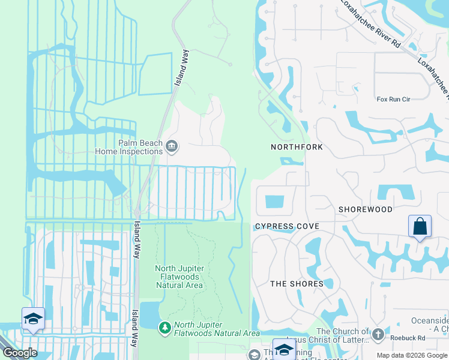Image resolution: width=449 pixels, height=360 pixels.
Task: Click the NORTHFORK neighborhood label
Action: click(x=297, y=147)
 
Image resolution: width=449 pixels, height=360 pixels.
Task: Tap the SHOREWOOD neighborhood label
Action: click(x=365, y=209)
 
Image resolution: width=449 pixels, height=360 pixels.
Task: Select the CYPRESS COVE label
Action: click(x=286, y=226)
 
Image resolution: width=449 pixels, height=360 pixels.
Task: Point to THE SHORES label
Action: click(x=297, y=284)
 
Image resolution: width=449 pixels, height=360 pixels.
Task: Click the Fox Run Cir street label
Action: click(x=393, y=99)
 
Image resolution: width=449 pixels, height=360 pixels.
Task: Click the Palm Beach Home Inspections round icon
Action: click(x=171, y=145)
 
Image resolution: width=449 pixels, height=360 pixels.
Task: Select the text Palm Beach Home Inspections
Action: click(x=131, y=147)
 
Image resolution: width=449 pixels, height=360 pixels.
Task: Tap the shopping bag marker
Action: click(x=420, y=227)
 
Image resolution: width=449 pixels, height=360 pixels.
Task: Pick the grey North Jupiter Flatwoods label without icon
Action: click(x=179, y=277)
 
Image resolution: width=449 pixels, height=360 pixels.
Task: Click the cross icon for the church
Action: click(x=378, y=334)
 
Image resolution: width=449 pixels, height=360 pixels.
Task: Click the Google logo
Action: click(x=19, y=353)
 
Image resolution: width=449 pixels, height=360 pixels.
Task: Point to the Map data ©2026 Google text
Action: click(x=412, y=355)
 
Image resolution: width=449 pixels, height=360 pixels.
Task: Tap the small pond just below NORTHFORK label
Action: click(x=292, y=161)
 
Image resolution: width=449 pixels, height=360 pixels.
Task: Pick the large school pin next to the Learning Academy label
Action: click(x=283, y=349)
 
